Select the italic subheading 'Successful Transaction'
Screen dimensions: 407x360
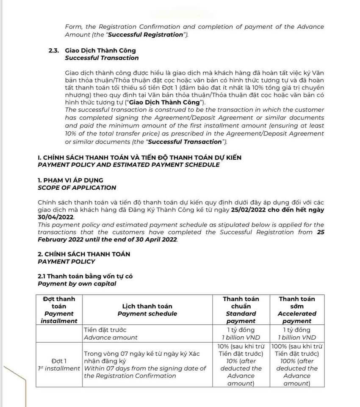pyautogui.click(x=102, y=58)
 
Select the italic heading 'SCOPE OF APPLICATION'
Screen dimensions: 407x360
pyautogui.click(x=77, y=188)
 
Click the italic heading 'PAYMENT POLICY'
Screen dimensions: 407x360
pyautogui.click(x=66, y=261)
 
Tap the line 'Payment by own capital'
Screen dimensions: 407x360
pyautogui.click(x=77, y=284)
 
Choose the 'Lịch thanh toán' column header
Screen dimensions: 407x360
pyautogui.click(x=147, y=306)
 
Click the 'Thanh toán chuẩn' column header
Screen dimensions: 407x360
pyautogui.click(x=241, y=302)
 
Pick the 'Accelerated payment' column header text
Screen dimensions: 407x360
pyautogui.click(x=297, y=317)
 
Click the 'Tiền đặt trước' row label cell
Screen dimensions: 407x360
pyautogui.click(x=105, y=329)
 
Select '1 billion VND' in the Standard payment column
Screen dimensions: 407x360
pyautogui.click(x=241, y=338)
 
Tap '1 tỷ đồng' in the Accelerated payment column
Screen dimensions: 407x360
pyautogui.click(x=297, y=329)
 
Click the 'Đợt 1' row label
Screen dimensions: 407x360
pyautogui.click(x=59, y=361)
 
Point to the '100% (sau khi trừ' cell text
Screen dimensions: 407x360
pyautogui.click(x=297, y=346)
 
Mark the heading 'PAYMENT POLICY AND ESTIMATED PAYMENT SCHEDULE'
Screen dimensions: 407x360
pyautogui.click(x=129, y=165)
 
